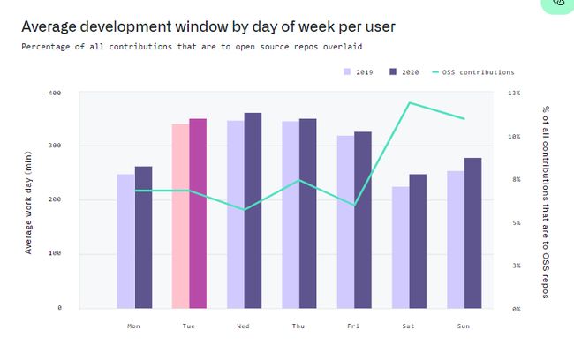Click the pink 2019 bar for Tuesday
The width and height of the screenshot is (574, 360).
(x=180, y=216)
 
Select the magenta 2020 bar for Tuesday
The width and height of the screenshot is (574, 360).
(x=198, y=214)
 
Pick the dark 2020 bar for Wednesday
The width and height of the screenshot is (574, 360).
(x=253, y=211)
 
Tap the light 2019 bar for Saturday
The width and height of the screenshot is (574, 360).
(x=401, y=247)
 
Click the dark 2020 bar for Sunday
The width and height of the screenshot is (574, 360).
(x=472, y=233)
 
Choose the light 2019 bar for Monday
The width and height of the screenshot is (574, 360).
(x=125, y=241)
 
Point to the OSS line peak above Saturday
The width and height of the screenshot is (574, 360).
(x=410, y=103)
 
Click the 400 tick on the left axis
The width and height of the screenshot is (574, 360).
(x=55, y=92)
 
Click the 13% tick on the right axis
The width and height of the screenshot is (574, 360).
(x=515, y=92)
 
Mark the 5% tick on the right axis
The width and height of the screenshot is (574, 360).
(x=515, y=222)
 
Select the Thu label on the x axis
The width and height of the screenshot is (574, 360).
(x=298, y=326)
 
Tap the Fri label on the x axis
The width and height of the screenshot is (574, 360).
(x=352, y=326)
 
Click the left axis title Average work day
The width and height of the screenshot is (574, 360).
(x=28, y=202)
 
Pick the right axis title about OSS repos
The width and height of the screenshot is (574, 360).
(x=547, y=202)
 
